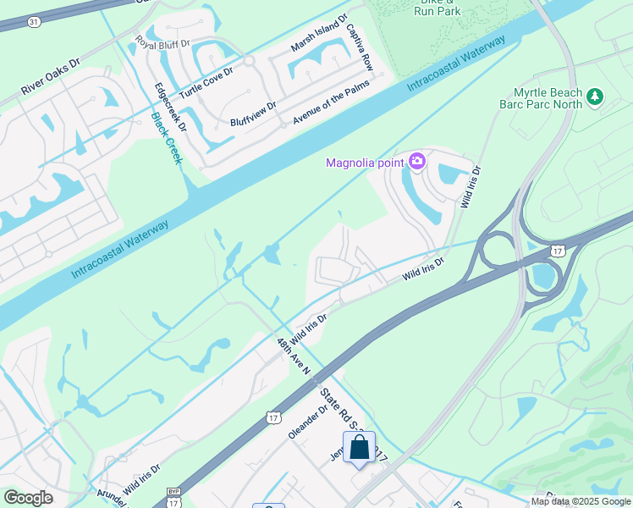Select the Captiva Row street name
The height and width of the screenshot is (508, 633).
click(359, 47)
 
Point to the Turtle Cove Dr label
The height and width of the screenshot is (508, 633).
click(206, 83)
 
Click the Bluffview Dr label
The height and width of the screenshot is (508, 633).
click(253, 114)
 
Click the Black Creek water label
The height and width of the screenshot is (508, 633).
click(166, 139)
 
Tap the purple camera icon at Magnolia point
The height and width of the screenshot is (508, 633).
click(416, 161)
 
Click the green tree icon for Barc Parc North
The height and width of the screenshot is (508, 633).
click(595, 98)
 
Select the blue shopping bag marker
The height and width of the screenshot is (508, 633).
click(359, 448)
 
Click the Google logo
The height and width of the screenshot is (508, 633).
click(28, 497)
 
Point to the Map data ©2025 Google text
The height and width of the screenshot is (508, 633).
click(581, 501)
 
